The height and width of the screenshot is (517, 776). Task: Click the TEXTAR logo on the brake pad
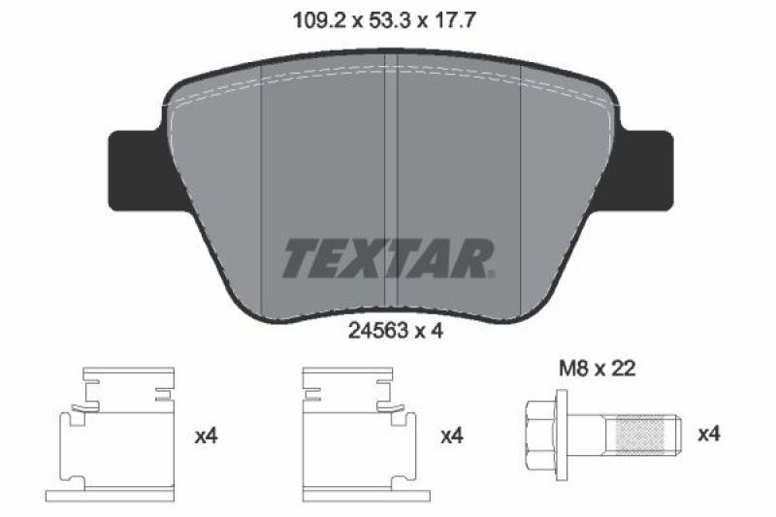click(x=388, y=257)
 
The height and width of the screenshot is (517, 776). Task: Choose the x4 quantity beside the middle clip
click(x=451, y=437)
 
